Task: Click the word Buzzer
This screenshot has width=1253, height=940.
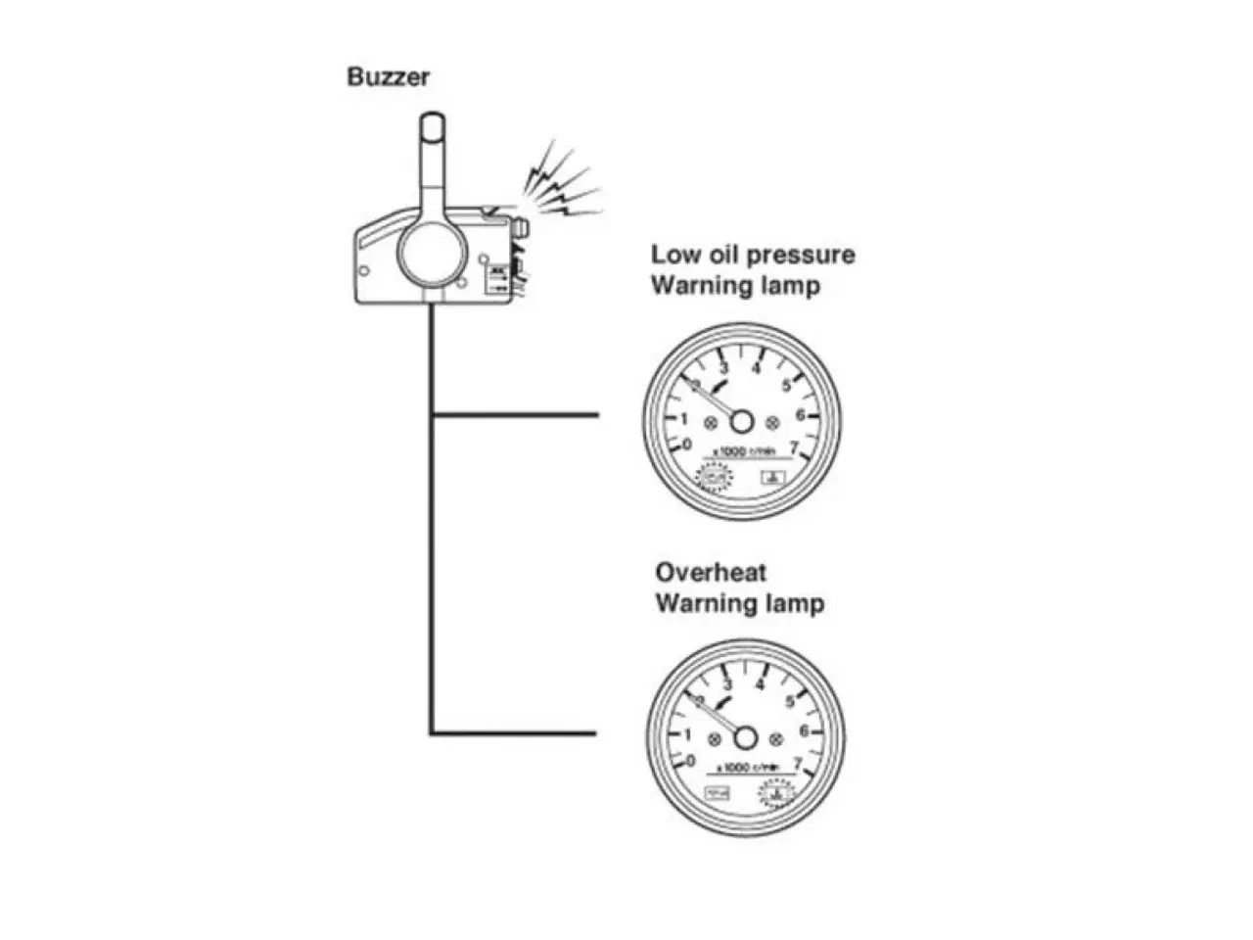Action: coord(388,76)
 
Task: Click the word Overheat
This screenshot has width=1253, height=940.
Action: coord(711,572)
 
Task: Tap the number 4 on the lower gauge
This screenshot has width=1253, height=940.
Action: coord(761,683)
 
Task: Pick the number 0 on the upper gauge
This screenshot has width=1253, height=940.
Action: coord(687,446)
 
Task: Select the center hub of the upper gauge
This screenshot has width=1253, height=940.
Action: coord(741,421)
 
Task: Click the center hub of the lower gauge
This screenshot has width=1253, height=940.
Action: coord(746,736)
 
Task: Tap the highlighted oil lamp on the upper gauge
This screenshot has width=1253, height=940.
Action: coord(714,479)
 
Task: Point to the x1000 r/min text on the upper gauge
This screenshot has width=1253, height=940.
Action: coord(746,451)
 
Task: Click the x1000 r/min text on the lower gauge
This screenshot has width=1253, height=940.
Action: coord(750,768)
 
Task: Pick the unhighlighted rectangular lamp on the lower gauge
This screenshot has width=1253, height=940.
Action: coord(717,792)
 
